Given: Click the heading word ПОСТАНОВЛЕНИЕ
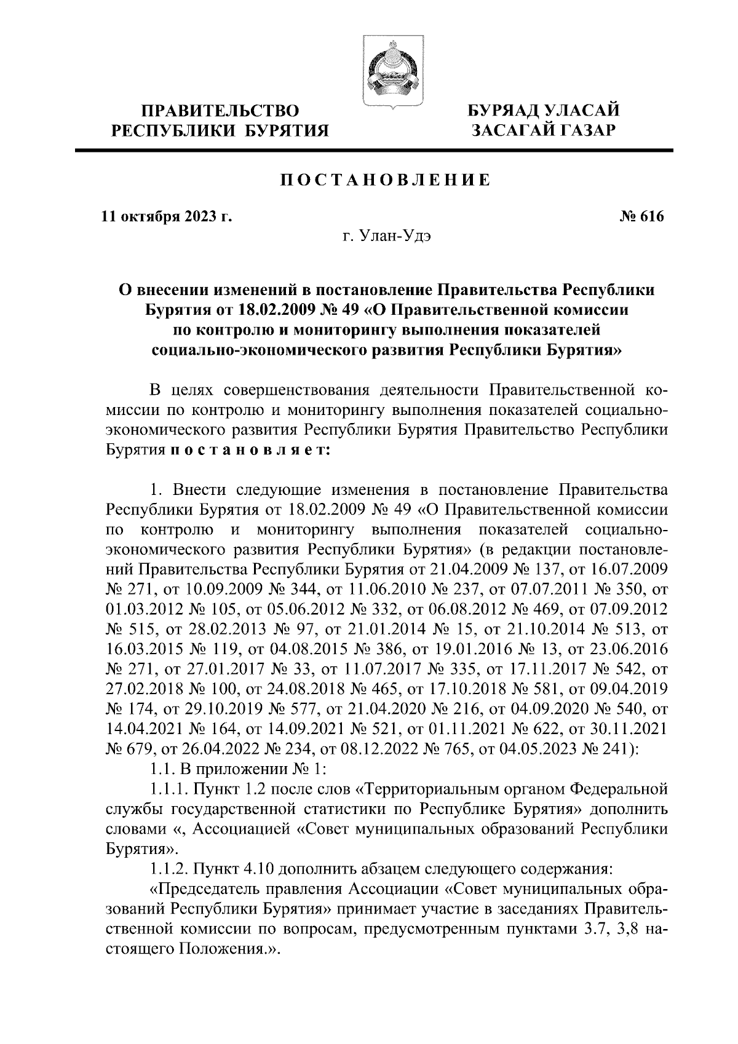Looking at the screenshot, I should coord(386,181).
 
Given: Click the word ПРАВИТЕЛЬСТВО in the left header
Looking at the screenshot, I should coord(221,111).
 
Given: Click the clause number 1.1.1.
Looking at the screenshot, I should coord(170,789).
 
